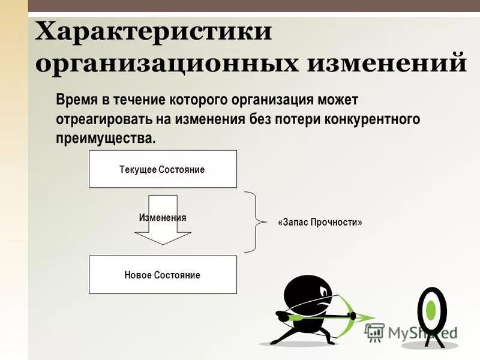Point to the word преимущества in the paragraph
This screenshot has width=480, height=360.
(105, 138)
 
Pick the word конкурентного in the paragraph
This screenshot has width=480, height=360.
(371, 118)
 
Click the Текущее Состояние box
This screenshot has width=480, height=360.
(163, 169)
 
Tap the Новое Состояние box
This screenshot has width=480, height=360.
(163, 275)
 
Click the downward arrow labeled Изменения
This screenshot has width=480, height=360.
(163, 220)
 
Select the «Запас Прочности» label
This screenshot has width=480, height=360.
(320, 222)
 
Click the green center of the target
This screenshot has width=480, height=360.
(431, 309)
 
